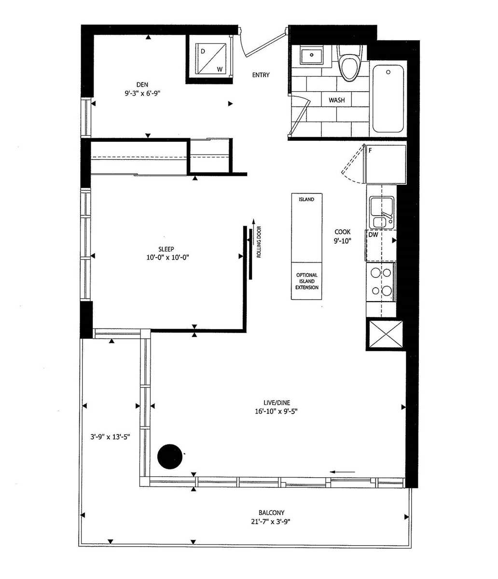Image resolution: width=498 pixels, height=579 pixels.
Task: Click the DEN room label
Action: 142,84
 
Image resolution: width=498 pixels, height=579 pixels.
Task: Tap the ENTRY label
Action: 261,75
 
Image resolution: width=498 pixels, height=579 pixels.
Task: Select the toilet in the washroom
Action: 349,62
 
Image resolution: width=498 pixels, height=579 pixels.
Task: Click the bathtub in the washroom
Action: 387,98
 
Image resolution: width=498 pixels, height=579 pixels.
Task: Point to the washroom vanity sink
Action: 311,55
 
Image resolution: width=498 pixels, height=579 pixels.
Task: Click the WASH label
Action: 337,100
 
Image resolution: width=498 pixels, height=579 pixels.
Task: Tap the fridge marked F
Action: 385,165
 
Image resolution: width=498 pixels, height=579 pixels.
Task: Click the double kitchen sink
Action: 382,213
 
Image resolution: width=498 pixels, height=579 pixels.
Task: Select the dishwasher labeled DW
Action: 380,246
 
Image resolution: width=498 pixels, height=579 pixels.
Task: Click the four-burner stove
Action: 381,282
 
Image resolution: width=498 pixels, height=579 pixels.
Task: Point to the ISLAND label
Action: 306,199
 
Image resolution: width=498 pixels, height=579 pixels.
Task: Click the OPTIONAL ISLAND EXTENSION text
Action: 307,281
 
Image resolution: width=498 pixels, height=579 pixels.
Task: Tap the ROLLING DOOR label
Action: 259,242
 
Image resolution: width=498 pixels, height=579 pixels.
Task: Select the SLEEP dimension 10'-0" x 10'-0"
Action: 168,257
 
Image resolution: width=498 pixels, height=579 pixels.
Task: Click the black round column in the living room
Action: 170,456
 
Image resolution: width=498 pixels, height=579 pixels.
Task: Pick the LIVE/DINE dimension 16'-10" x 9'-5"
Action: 276,411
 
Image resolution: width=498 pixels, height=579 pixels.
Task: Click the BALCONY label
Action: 271,512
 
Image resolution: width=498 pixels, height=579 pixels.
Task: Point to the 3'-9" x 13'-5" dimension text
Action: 110,437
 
